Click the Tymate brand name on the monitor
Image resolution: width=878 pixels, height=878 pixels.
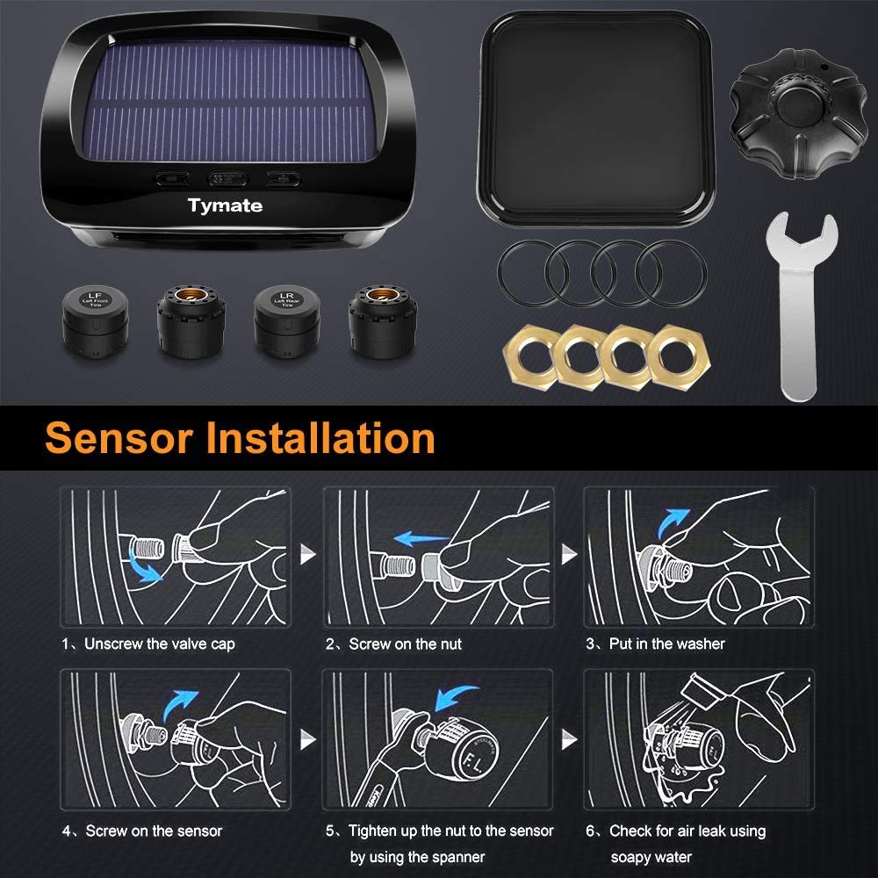(225, 206)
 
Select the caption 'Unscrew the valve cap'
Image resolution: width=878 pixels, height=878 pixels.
(159, 644)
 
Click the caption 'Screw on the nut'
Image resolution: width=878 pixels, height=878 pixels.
(405, 644)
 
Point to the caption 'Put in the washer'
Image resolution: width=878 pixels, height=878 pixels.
(666, 644)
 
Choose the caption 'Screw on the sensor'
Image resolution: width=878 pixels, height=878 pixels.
(154, 831)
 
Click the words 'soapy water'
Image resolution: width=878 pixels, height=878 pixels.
(651, 857)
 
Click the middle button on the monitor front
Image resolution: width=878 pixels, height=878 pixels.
(226, 179)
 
